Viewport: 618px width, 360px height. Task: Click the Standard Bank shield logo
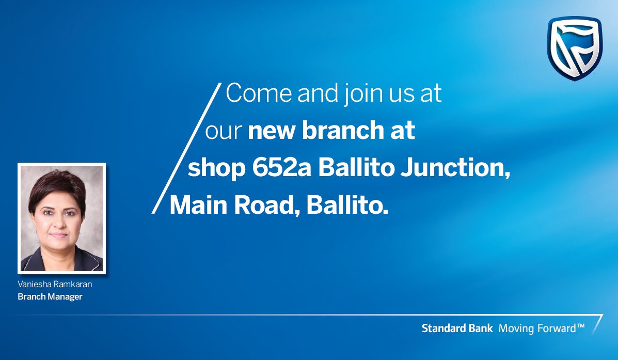click(575, 48)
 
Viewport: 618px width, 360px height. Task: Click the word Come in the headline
click(259, 93)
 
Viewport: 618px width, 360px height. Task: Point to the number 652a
click(282, 167)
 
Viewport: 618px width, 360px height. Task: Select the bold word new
click(272, 131)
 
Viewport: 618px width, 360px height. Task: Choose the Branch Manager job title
click(50, 297)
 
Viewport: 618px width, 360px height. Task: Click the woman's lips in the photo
click(58, 236)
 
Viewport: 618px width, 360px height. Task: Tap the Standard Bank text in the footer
click(457, 328)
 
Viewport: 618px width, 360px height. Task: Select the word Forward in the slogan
click(557, 328)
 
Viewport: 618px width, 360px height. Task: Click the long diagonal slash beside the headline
click(186, 148)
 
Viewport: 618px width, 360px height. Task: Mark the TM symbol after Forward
click(580, 326)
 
